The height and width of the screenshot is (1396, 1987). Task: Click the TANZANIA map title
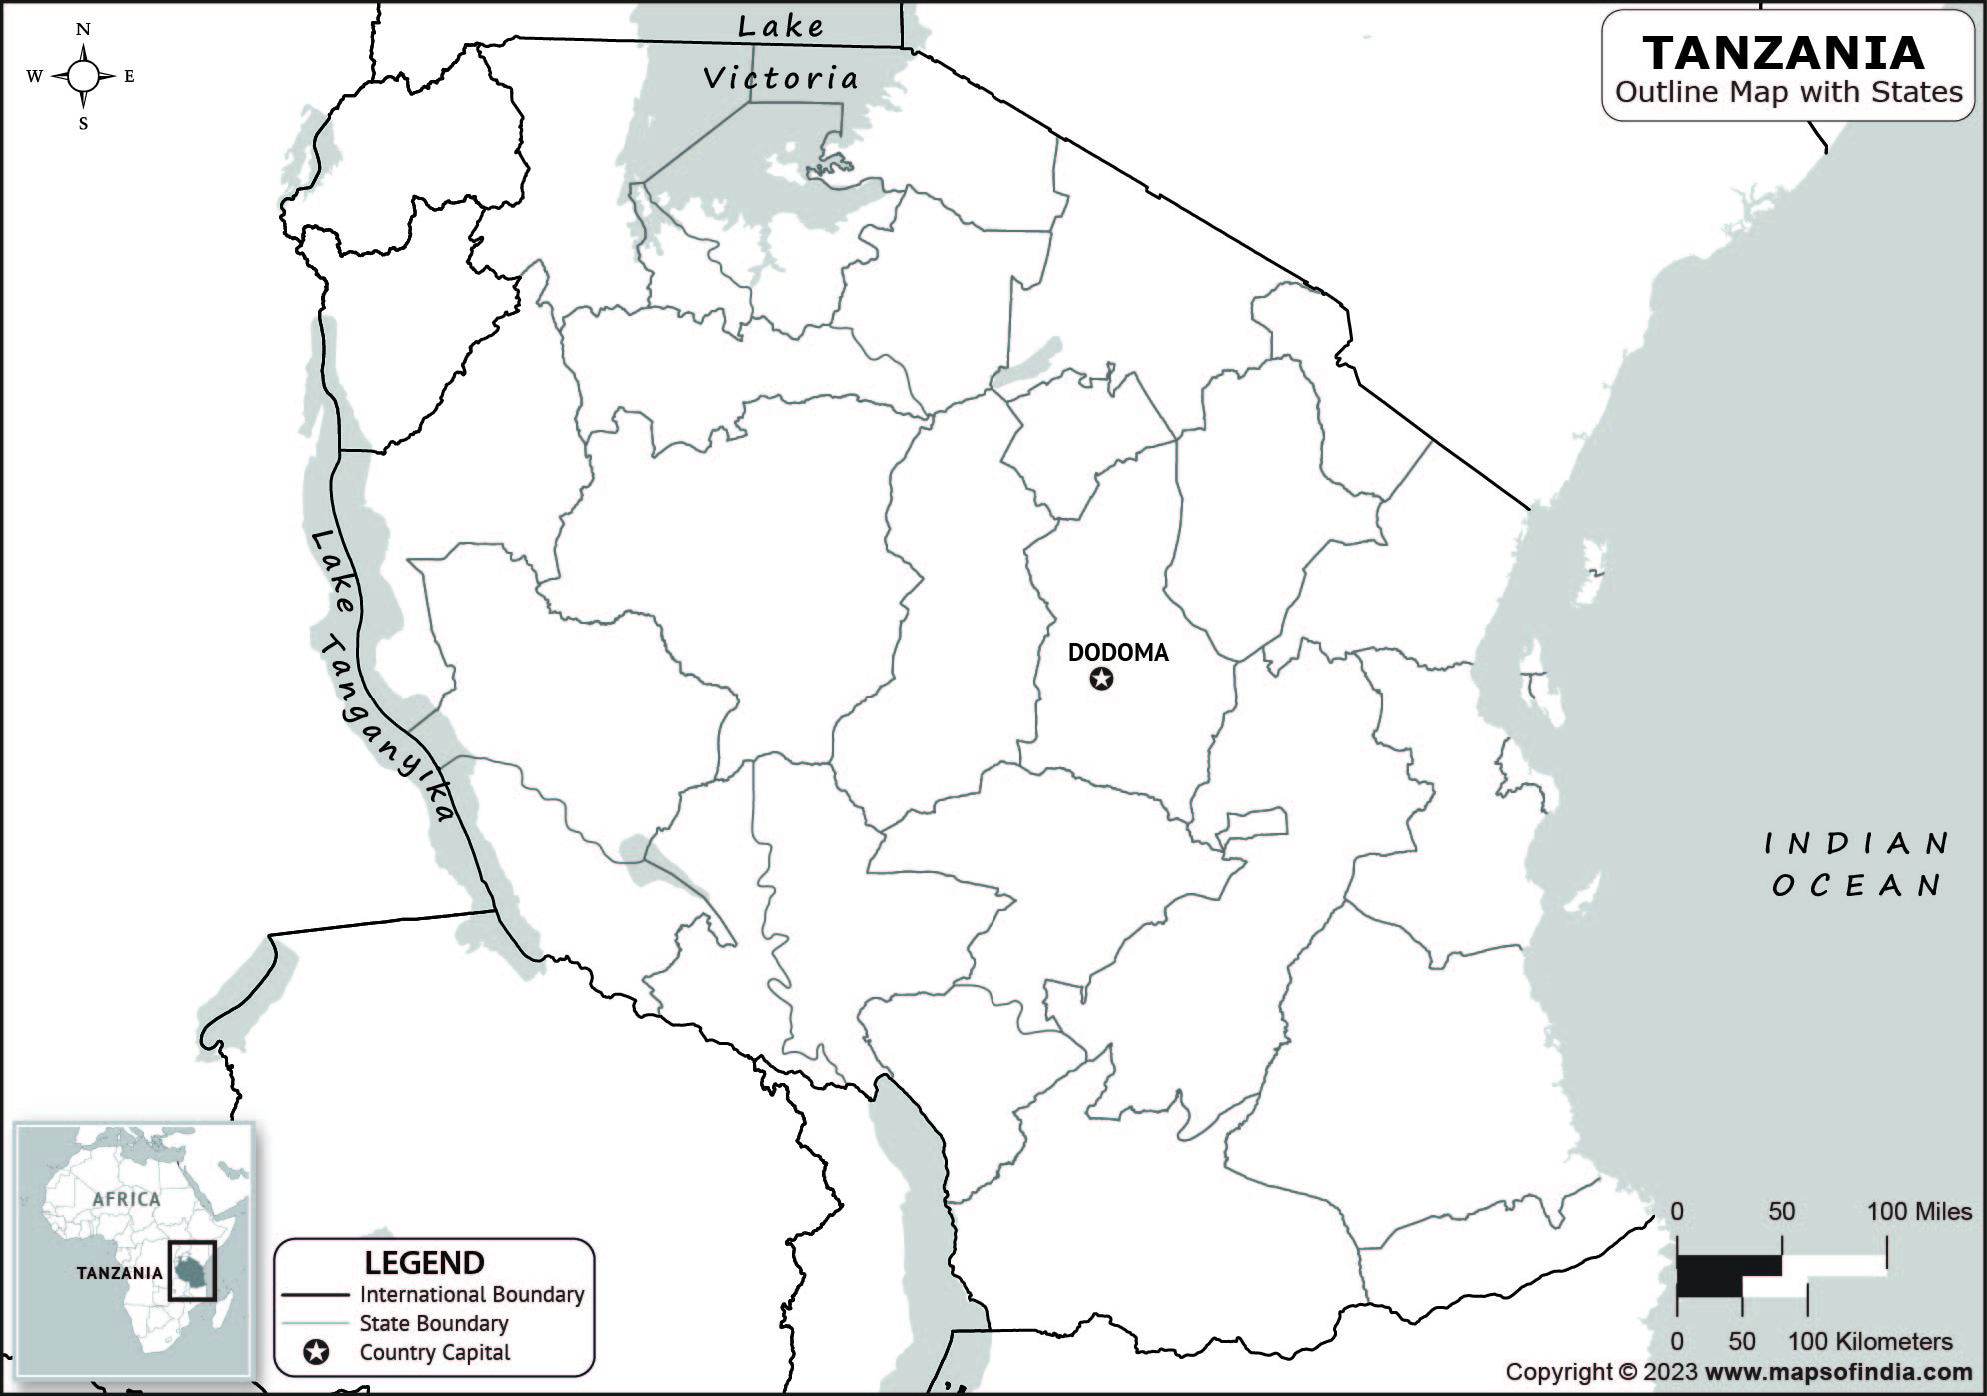coord(1783,53)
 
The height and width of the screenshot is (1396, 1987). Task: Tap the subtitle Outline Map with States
coord(1788,92)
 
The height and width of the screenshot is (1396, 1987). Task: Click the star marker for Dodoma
coord(1101,679)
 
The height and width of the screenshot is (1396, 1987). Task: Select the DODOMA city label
coord(1117,652)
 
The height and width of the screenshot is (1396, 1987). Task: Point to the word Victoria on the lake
coord(780,78)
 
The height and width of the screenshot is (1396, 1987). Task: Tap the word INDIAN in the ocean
coord(1856,844)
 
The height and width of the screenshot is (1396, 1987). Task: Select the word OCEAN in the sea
coord(1856,886)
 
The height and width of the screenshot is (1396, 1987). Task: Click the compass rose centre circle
coord(83,76)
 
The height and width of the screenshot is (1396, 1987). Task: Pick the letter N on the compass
coord(83,29)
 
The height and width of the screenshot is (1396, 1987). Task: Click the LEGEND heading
coord(424,1263)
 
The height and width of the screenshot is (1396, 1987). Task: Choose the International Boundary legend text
coord(472,1294)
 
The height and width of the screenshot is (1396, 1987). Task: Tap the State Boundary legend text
coord(434,1323)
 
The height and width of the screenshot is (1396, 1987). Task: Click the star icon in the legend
coord(316,1352)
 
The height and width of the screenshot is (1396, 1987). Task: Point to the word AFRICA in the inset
coord(126,1198)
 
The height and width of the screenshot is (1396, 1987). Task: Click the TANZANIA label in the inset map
coord(119,1272)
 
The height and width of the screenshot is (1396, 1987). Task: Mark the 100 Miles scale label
coord(1919,1211)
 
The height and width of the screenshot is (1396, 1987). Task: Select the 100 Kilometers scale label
coord(1869,1341)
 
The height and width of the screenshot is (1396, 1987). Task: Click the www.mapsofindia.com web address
coord(1838,1372)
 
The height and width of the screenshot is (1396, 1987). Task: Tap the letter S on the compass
coord(83,124)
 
